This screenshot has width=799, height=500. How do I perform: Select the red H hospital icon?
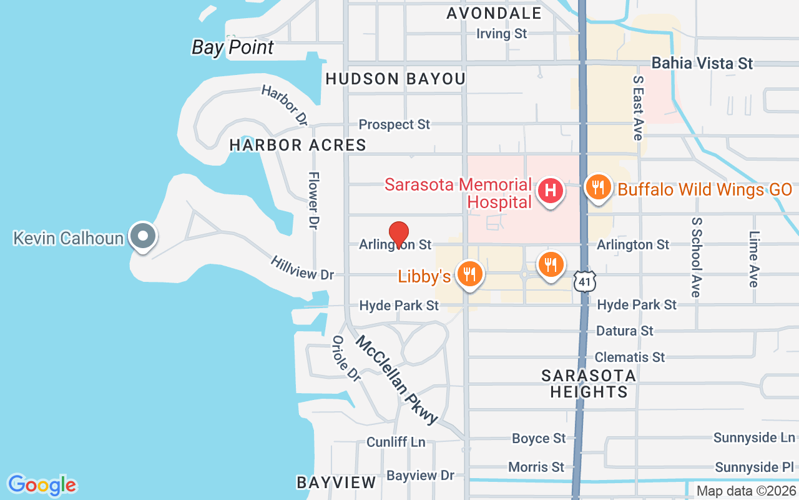(551, 190)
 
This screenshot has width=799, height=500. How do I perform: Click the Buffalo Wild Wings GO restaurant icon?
(598, 186)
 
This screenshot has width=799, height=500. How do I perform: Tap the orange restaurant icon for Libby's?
(468, 274)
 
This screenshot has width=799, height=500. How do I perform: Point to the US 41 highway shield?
(584, 282)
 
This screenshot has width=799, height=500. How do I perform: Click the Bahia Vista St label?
(702, 63)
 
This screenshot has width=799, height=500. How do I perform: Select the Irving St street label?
(501, 34)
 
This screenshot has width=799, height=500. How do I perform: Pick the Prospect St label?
(394, 124)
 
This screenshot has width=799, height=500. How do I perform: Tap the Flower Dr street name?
(313, 200)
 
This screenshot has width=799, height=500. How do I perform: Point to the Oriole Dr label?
(346, 359)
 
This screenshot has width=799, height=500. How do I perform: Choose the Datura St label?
(624, 331)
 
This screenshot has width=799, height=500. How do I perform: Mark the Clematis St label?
(629, 357)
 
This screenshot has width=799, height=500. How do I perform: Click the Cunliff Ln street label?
(396, 442)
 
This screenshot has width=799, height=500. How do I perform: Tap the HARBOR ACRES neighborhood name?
(298, 145)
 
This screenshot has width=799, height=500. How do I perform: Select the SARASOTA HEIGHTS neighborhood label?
(589, 384)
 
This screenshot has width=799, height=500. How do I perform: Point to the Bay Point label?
(233, 47)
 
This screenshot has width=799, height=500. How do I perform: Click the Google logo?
(42, 484)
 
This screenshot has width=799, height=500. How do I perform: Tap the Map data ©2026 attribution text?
(746, 491)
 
